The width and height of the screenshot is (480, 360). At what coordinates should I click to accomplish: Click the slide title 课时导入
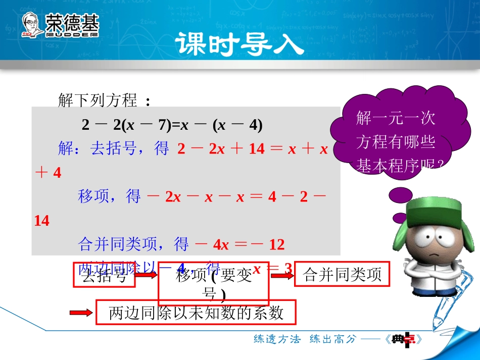tap(240, 44)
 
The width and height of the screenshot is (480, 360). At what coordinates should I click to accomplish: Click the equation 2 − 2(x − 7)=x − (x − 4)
tap(172, 125)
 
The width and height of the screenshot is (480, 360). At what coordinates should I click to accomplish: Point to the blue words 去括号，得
tap(129, 149)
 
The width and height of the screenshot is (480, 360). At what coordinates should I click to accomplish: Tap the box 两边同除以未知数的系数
tap(196, 313)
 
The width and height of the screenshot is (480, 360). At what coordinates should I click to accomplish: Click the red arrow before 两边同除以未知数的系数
tap(80, 314)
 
